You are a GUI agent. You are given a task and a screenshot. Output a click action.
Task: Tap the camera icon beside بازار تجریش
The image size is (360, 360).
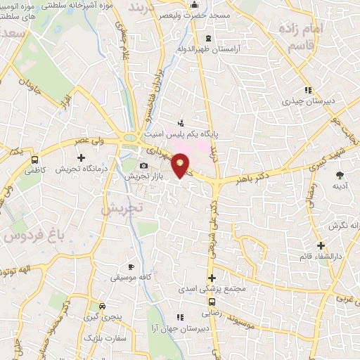[144, 166]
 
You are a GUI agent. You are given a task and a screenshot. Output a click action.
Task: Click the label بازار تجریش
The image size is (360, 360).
[149, 176]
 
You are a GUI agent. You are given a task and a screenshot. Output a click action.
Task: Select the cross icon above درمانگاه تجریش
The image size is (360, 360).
[81, 157]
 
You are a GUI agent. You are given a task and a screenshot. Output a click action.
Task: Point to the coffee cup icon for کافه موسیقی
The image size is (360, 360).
[131, 267]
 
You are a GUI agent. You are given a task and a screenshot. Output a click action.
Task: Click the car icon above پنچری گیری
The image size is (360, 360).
[103, 307]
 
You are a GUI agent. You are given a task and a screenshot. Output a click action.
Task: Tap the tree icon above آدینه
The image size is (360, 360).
[340, 174]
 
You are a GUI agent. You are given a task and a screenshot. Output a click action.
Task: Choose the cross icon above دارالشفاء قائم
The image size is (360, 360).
[321, 245]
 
